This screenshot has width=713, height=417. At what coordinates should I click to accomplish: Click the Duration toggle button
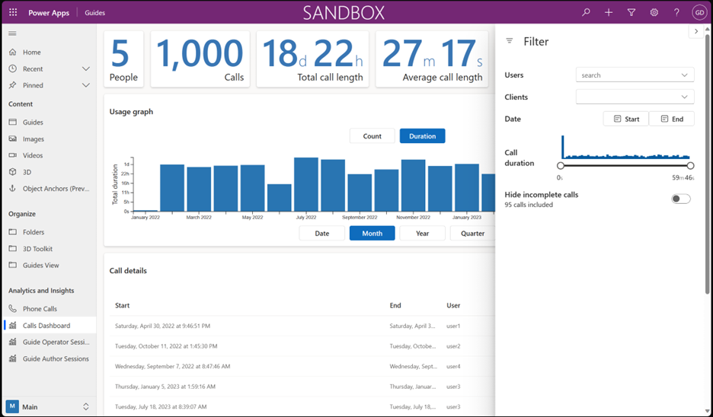[422, 136]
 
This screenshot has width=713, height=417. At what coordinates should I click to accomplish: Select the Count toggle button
[372, 136]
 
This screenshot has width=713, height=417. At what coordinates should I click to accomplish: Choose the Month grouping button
[372, 234]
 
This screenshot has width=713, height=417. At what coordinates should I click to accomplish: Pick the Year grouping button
[422, 234]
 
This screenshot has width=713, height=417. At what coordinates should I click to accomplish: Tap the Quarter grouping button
[472, 234]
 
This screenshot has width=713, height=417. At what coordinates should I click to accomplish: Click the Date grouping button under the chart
[322, 234]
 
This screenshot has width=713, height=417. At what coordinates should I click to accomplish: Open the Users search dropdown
[635, 75]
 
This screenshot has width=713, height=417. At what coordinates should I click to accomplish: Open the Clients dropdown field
[635, 97]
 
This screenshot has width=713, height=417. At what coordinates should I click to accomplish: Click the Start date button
[625, 119]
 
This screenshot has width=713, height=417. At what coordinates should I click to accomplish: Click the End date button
[672, 119]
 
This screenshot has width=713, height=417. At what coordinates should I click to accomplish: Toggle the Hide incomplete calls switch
[680, 199]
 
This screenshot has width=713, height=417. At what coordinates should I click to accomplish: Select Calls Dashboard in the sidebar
[46, 326]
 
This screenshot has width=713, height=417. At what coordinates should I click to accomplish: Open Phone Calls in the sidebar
[40, 309]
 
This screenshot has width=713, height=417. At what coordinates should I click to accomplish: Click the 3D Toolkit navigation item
[37, 249]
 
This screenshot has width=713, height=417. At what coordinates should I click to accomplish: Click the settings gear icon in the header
[654, 13]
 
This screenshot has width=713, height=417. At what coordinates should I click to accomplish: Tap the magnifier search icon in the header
[586, 13]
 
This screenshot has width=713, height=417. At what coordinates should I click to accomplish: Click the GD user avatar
[699, 13]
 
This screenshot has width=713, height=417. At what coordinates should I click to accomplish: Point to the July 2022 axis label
[305, 218]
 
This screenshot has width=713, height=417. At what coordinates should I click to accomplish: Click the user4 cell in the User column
[453, 366]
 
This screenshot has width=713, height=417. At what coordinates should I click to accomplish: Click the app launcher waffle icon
[13, 13]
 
